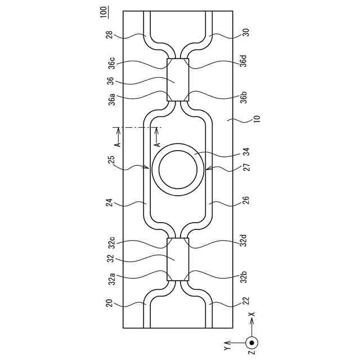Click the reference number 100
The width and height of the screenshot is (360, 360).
point(103,12)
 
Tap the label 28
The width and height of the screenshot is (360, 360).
point(110,35)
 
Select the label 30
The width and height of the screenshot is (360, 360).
point(246,33)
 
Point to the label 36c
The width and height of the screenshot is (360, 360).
point(111,62)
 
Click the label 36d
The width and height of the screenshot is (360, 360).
point(244,61)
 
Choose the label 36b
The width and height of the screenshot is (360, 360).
point(244,97)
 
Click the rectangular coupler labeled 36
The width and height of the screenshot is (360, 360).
point(178,80)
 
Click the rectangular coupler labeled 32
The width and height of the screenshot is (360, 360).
point(178,259)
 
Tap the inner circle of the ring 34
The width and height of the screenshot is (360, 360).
point(178,170)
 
